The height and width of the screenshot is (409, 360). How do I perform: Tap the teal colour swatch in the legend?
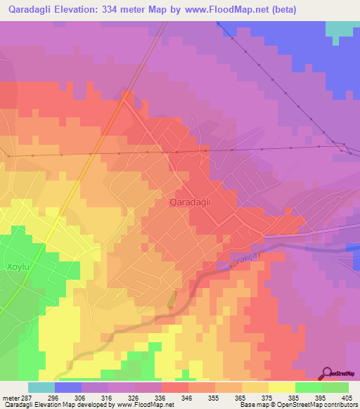tap(41, 387)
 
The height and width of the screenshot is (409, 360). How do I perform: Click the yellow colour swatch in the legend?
tap(281, 387)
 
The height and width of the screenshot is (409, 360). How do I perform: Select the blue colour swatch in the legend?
tap(68, 387)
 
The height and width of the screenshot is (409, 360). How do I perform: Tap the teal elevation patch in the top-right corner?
tap(342, 28)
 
